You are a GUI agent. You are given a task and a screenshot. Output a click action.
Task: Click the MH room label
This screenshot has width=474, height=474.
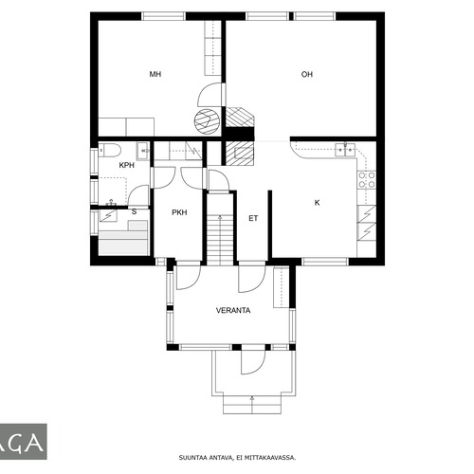tap(155, 74)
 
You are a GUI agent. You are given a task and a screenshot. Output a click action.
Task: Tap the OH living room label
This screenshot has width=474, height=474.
tap(307, 74)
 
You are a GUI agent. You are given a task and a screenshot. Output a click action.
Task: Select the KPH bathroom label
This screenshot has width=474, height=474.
tap(127, 165)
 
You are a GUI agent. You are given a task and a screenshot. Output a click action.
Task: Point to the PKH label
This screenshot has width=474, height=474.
tap(179, 212)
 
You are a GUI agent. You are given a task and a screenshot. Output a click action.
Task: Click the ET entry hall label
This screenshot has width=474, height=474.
tap(253, 218)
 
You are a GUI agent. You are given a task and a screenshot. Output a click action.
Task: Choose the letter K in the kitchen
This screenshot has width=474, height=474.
tap(317, 203)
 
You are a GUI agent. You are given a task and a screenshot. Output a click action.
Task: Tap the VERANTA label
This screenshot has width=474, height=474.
tap(233, 310)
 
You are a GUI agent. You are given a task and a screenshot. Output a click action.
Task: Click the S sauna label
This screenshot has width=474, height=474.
tap(135, 211)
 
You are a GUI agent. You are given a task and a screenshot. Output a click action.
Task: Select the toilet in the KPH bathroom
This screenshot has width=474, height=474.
tap(109, 150)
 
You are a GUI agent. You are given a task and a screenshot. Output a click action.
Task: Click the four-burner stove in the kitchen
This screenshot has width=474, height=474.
tap(367, 179)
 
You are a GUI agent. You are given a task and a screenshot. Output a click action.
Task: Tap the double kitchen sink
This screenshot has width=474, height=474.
tap(345, 150)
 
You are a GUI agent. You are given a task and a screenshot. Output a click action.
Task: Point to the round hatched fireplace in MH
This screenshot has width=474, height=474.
tap(208, 122)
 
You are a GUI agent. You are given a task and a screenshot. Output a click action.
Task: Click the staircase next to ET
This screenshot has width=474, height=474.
tap(220, 229)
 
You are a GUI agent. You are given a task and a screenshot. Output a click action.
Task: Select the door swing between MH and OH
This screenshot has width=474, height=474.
tap(211, 95)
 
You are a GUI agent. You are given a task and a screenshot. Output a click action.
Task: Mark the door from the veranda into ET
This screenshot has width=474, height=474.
tap(252, 279)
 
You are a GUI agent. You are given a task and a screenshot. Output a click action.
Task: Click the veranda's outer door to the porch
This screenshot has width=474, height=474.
tap(253, 362)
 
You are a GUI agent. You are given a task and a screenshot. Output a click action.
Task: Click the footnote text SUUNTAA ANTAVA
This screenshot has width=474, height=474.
tap(207, 457)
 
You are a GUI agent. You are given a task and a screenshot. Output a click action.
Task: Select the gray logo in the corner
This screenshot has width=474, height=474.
tap(24, 442)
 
